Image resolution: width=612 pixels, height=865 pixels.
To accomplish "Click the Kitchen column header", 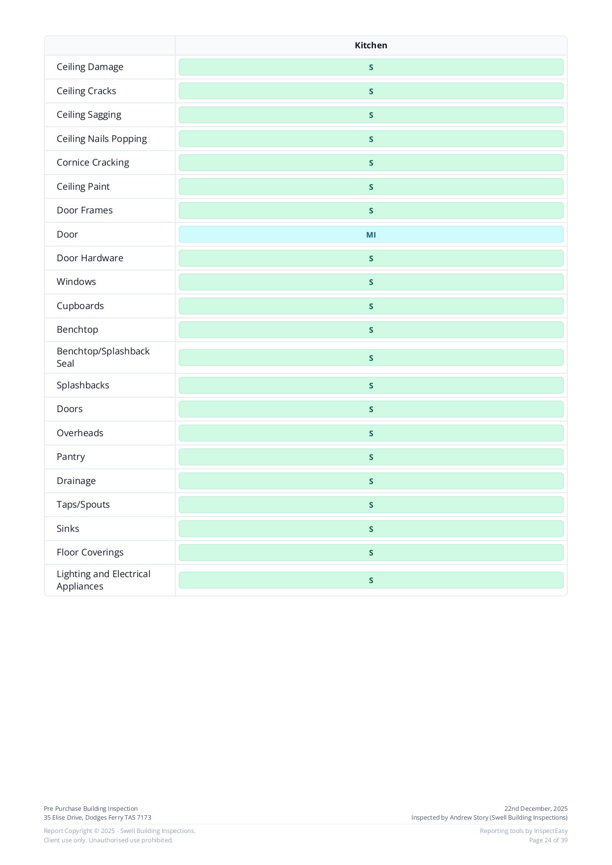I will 371,45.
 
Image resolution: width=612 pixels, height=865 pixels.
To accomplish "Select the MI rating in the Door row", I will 371,235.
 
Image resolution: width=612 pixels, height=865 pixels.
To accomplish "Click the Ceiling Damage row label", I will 90,67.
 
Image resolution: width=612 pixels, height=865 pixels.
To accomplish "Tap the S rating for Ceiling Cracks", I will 371,91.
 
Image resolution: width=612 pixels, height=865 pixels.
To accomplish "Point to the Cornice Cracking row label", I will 93,163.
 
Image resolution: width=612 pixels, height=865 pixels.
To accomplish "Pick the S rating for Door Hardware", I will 371,258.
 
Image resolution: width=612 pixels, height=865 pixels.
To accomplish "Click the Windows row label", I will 76,282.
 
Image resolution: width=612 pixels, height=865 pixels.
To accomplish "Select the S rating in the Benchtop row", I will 371,330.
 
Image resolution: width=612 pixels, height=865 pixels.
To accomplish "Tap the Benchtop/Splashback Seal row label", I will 102,357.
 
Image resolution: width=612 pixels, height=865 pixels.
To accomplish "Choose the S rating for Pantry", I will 371,457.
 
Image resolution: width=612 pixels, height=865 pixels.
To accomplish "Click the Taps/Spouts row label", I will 83,505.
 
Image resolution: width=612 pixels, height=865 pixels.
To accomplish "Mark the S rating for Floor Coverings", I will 371,553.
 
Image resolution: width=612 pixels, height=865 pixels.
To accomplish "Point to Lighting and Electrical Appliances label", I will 103,580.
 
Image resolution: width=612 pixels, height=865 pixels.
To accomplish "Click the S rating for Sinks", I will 371,529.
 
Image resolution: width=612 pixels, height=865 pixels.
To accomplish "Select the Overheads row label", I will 80,433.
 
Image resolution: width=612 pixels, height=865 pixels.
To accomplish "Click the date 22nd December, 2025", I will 536,808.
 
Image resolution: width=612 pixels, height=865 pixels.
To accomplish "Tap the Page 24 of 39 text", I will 548,840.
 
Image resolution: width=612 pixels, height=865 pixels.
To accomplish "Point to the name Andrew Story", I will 469,817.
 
